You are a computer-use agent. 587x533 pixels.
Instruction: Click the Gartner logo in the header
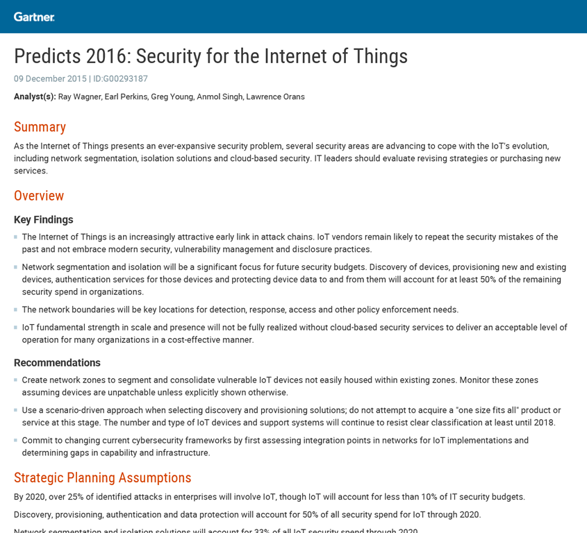[34, 17]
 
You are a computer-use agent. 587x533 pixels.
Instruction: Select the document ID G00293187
[125, 79]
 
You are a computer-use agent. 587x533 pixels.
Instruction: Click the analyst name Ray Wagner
[78, 97]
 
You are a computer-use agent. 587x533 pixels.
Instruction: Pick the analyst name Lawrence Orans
[275, 97]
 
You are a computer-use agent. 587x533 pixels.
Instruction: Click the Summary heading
[40, 127]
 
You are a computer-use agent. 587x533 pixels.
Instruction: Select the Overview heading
[39, 196]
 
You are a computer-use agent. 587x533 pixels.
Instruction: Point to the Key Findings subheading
[43, 219]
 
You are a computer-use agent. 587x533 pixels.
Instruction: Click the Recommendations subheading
[57, 363]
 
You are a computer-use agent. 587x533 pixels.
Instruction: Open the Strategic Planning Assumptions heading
[102, 478]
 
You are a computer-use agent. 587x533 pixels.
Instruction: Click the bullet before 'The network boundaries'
[16, 310]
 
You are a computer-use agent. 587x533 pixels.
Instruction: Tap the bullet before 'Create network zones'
[16, 380]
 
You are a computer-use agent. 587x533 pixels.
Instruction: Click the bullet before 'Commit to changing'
[16, 441]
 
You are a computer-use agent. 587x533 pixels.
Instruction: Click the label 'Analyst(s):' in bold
[35, 97]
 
